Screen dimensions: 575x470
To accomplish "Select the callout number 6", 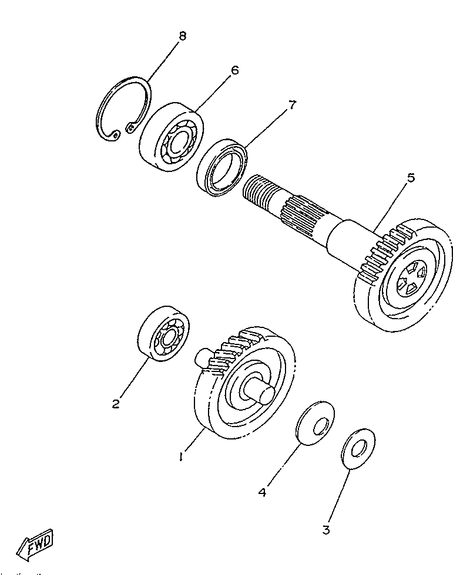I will pos(234,70).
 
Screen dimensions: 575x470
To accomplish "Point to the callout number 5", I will pos(411,178).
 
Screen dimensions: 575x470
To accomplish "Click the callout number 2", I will pos(116,403).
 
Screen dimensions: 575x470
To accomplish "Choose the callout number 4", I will pos(263,492).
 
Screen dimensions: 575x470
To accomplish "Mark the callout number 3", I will pos(326,530).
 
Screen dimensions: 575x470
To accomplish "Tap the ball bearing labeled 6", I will pos(170,138).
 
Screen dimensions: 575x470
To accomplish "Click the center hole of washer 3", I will pos(358,449).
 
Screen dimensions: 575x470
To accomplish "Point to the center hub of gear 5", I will pos(409,279).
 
